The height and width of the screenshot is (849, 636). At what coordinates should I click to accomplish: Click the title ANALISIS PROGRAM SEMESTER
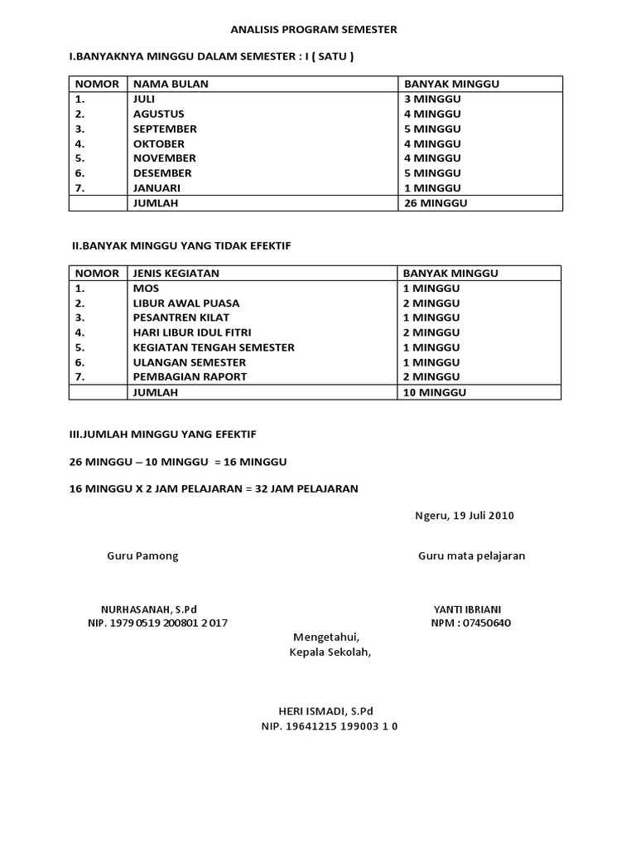coord(314,30)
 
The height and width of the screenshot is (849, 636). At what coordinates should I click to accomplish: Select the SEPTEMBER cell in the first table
coord(165,129)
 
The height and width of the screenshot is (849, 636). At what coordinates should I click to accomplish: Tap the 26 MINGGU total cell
coord(435,202)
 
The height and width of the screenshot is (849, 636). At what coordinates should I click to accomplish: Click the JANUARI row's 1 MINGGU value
coord(431,187)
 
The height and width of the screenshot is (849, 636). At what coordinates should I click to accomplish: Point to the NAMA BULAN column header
coord(171,84)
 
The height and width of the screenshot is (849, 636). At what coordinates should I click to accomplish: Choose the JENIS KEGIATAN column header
coord(176,273)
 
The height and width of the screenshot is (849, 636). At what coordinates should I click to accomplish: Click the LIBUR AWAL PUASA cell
coord(186,303)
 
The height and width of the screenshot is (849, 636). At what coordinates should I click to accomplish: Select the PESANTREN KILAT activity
coord(181,318)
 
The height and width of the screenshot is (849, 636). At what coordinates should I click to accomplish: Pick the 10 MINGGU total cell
coord(435,392)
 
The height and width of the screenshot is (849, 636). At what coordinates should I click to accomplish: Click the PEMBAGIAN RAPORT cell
coord(190,376)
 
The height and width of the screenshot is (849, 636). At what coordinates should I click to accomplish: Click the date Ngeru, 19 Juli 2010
coord(464,515)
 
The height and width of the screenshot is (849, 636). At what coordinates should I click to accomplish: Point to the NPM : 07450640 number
coord(470,623)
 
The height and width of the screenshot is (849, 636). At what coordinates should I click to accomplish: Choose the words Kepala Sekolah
coord(330,652)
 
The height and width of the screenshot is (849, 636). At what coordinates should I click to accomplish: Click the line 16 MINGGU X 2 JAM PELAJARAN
coord(214,488)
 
